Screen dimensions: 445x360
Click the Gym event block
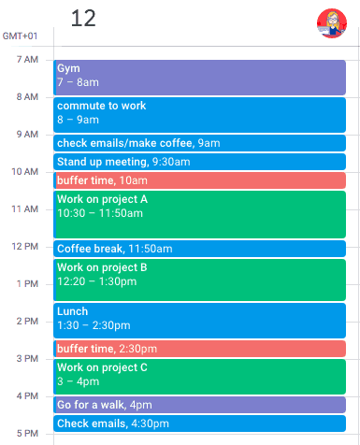[199, 77]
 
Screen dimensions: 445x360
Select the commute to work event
[199, 114]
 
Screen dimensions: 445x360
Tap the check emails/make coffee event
[199, 143]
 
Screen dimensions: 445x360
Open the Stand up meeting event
[199, 162]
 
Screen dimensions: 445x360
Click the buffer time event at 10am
[199, 180]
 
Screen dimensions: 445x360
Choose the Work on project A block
[199, 214]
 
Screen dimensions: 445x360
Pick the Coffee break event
[199, 249]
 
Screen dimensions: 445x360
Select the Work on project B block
[199, 280]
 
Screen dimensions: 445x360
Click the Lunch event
[199, 320]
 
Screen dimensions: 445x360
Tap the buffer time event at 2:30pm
[199, 349]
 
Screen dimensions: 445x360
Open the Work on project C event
[199, 376]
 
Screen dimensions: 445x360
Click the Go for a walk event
[199, 405]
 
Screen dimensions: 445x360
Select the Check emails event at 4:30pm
[199, 423]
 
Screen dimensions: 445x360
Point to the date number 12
[83, 19]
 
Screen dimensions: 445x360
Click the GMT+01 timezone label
[20, 36]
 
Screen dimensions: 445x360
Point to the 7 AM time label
[27, 60]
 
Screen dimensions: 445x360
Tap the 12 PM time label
[25, 246]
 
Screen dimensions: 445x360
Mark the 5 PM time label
[27, 433]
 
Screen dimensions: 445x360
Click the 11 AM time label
[25, 208]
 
